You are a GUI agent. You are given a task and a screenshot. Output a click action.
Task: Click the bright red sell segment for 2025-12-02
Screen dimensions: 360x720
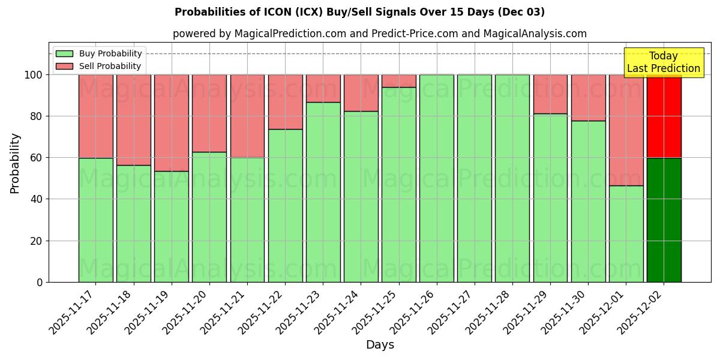(664, 116)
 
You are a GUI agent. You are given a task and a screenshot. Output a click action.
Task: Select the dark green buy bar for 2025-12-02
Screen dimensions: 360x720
(664, 220)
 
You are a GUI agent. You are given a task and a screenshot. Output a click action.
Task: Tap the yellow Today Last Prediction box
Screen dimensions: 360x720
(664, 62)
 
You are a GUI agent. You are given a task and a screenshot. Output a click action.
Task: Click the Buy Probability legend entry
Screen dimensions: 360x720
(99, 53)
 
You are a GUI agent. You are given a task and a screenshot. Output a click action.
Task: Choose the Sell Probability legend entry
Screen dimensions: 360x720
(99, 66)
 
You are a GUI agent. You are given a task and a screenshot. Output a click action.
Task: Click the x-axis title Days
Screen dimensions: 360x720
(380, 345)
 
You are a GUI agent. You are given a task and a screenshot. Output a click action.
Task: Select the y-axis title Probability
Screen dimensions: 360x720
(15, 163)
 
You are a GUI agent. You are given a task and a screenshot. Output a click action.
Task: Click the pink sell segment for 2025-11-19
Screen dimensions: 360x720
(172, 122)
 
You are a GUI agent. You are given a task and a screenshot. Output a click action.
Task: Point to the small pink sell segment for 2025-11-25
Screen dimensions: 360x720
(399, 81)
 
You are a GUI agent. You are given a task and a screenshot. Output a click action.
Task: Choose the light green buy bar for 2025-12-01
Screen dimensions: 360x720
(626, 233)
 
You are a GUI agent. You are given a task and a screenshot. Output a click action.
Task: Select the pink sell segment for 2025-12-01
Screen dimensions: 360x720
(626, 130)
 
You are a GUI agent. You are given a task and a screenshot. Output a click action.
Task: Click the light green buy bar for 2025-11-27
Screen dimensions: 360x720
(475, 178)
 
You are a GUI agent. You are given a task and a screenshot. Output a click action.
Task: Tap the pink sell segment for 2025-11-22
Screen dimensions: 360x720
(285, 101)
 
